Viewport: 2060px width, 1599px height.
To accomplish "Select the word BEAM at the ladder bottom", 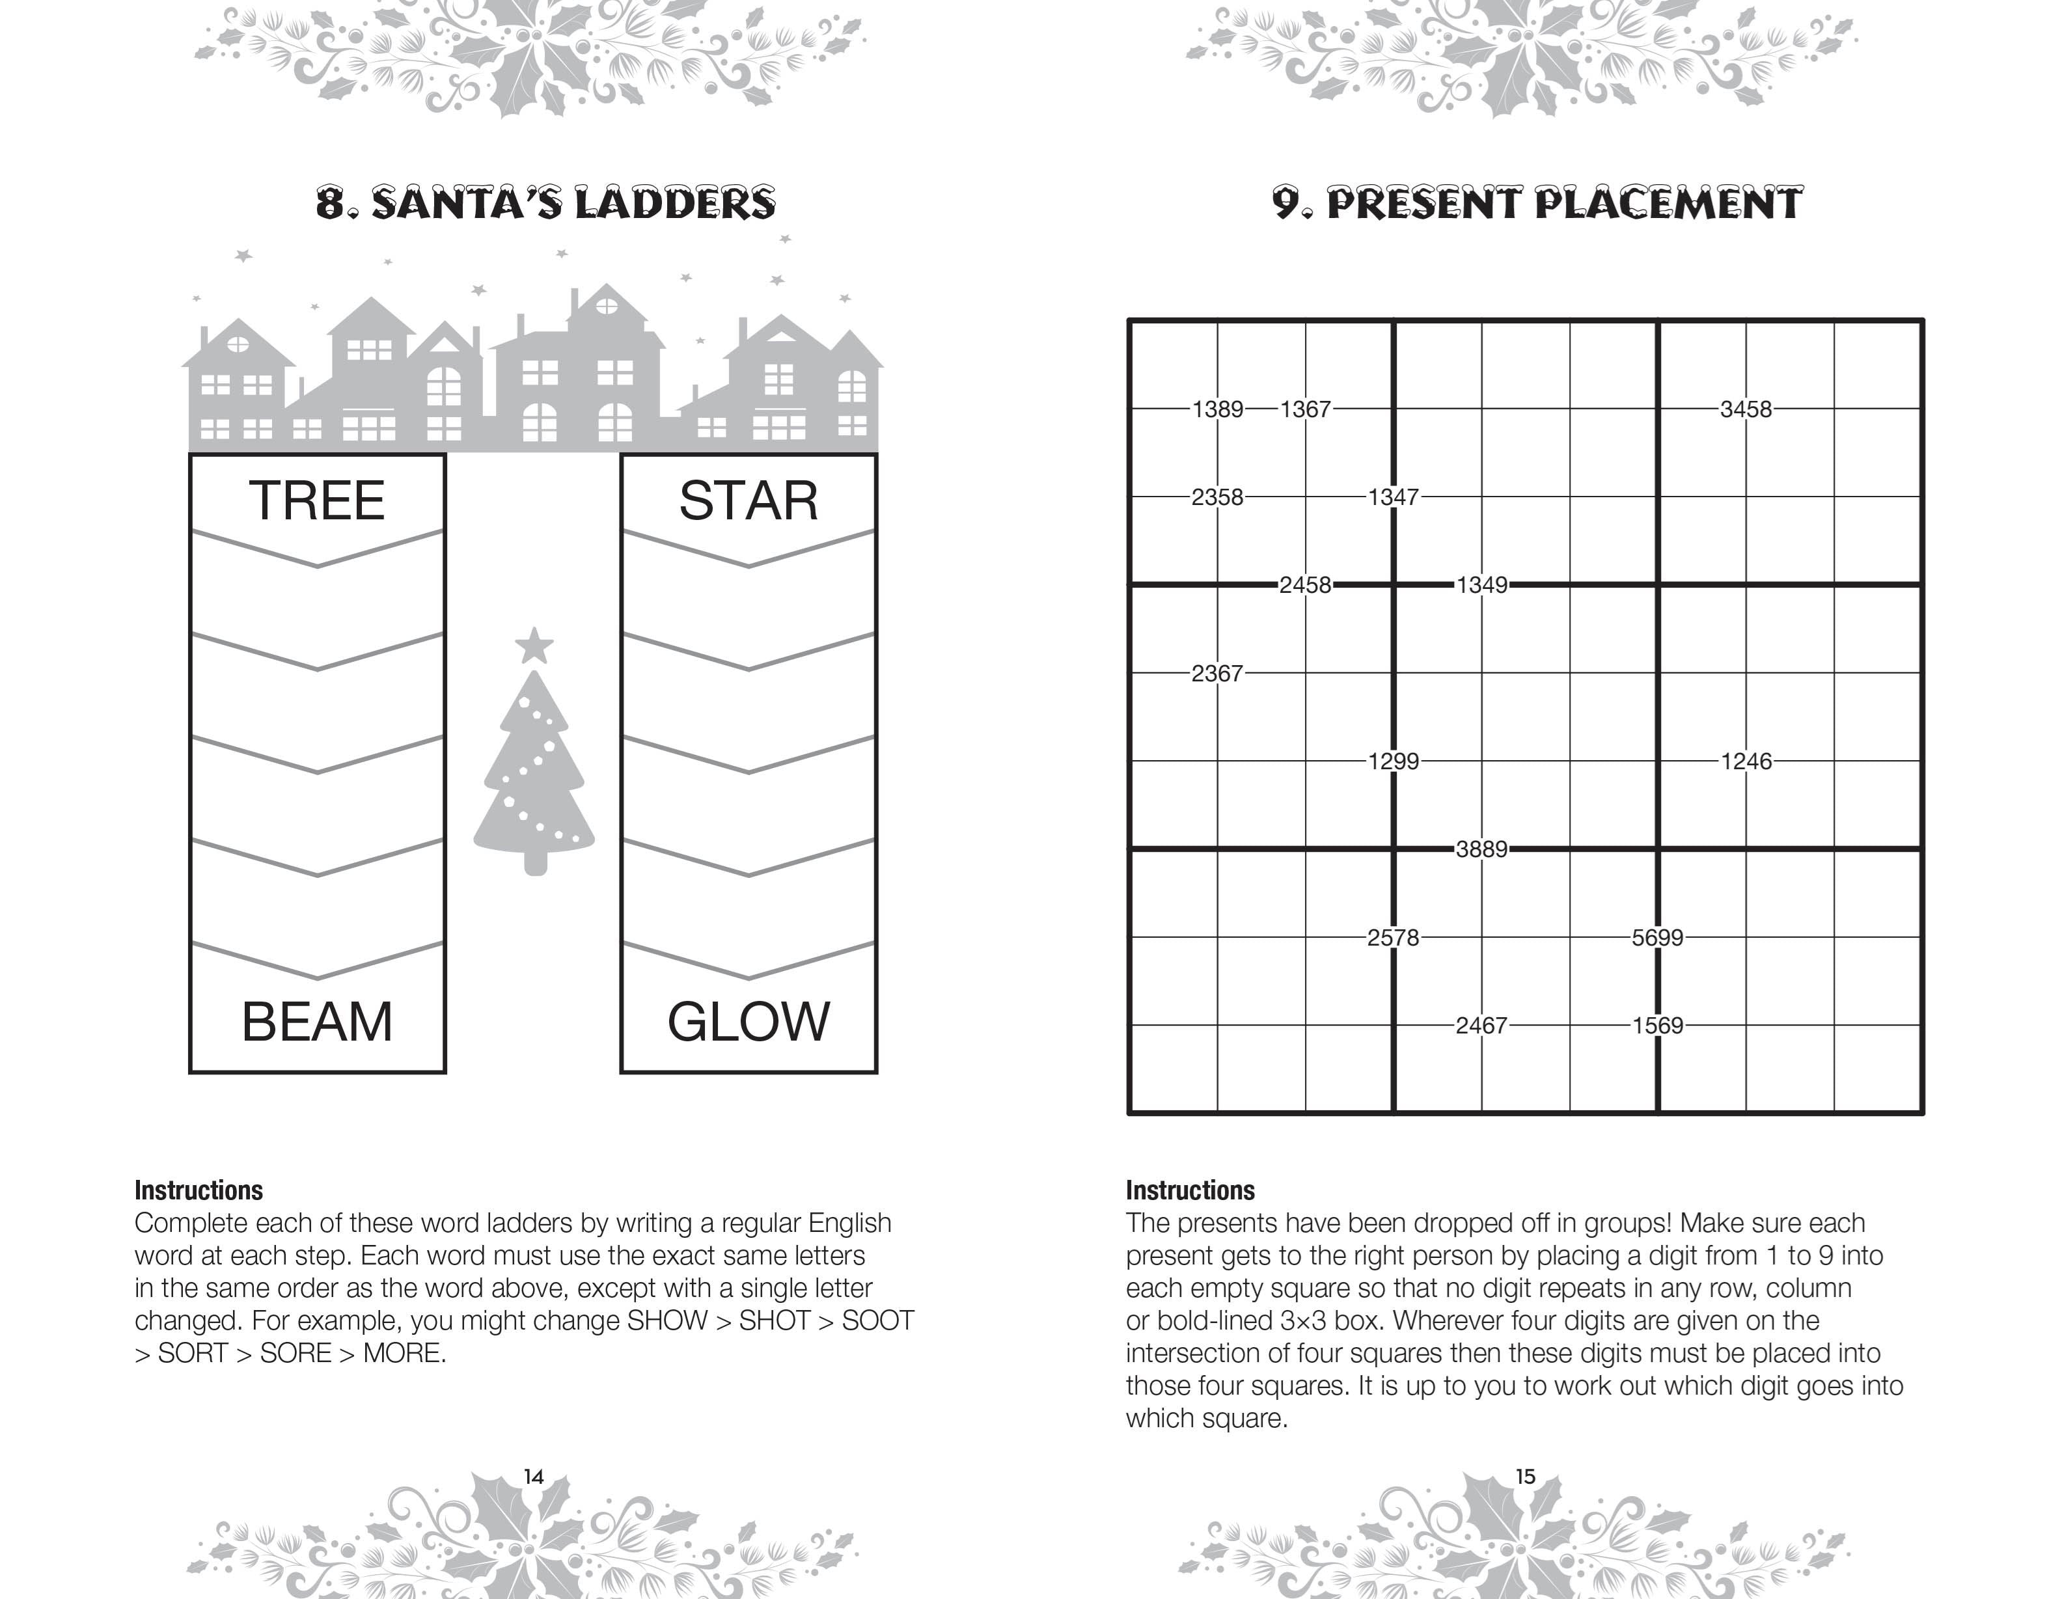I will pos(317,1022).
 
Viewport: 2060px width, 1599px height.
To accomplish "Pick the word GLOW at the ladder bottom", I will pos(748,1022).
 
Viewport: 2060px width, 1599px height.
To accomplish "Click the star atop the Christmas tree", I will pos(534,647).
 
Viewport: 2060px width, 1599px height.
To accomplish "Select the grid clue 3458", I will pos(1745,409).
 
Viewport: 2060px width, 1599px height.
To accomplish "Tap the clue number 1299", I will pos(1393,761).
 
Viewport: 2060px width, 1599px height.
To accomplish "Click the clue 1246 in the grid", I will pos(1745,761).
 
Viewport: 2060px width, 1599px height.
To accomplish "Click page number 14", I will pos(534,1477).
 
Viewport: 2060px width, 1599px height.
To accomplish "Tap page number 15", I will pos(1525,1477).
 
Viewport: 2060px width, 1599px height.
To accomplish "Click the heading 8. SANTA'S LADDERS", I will pos(545,204).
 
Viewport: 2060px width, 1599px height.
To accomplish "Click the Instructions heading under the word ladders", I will pos(198,1190).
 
